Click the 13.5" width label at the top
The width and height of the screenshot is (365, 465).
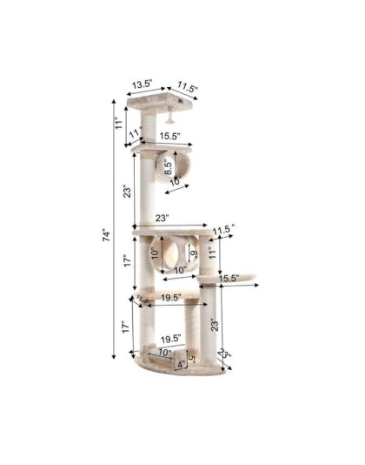pos(143,84)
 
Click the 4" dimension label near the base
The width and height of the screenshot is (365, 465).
pos(181,363)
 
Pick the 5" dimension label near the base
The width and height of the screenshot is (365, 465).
pos(191,355)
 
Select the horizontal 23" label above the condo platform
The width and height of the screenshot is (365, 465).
pos(162,218)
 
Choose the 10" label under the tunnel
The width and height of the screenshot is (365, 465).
pos(176,182)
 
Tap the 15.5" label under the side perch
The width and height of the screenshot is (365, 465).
pos(229,279)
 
